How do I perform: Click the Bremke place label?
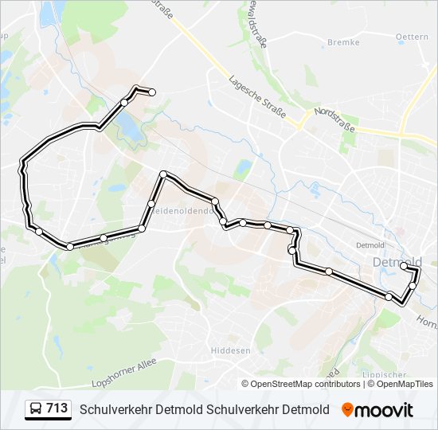[343, 42]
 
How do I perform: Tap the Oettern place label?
[412, 37]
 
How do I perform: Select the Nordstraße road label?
[334, 119]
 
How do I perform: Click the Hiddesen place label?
[230, 350]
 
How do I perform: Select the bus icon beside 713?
[35, 409]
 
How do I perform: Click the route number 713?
[57, 408]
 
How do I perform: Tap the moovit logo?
[377, 409]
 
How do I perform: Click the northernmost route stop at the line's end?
[152, 92]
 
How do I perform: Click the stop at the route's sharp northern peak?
[163, 174]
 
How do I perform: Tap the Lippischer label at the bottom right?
[413, 373]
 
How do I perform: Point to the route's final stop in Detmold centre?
[404, 265]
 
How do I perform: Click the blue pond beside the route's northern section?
[127, 123]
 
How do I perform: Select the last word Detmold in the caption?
[306, 409]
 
